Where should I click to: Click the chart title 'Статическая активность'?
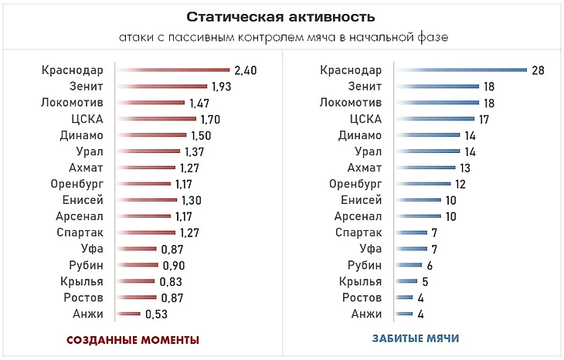point(281,16)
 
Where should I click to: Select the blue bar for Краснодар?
point(460,70)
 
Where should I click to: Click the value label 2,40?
point(245,70)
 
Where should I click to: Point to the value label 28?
point(539,70)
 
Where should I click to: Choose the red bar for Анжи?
point(128,314)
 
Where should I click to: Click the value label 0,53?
point(156,314)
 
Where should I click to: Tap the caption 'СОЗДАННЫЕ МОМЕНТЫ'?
point(133,340)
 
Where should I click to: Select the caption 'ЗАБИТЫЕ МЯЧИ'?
point(416,339)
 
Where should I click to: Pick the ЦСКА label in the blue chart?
point(365,119)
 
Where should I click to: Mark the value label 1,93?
point(222,87)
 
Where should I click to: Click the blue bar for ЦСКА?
point(434,119)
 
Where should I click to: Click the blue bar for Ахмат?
point(425,168)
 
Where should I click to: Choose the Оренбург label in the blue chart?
point(355,184)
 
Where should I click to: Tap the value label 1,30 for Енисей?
point(192,200)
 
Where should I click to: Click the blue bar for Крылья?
point(406,281)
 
